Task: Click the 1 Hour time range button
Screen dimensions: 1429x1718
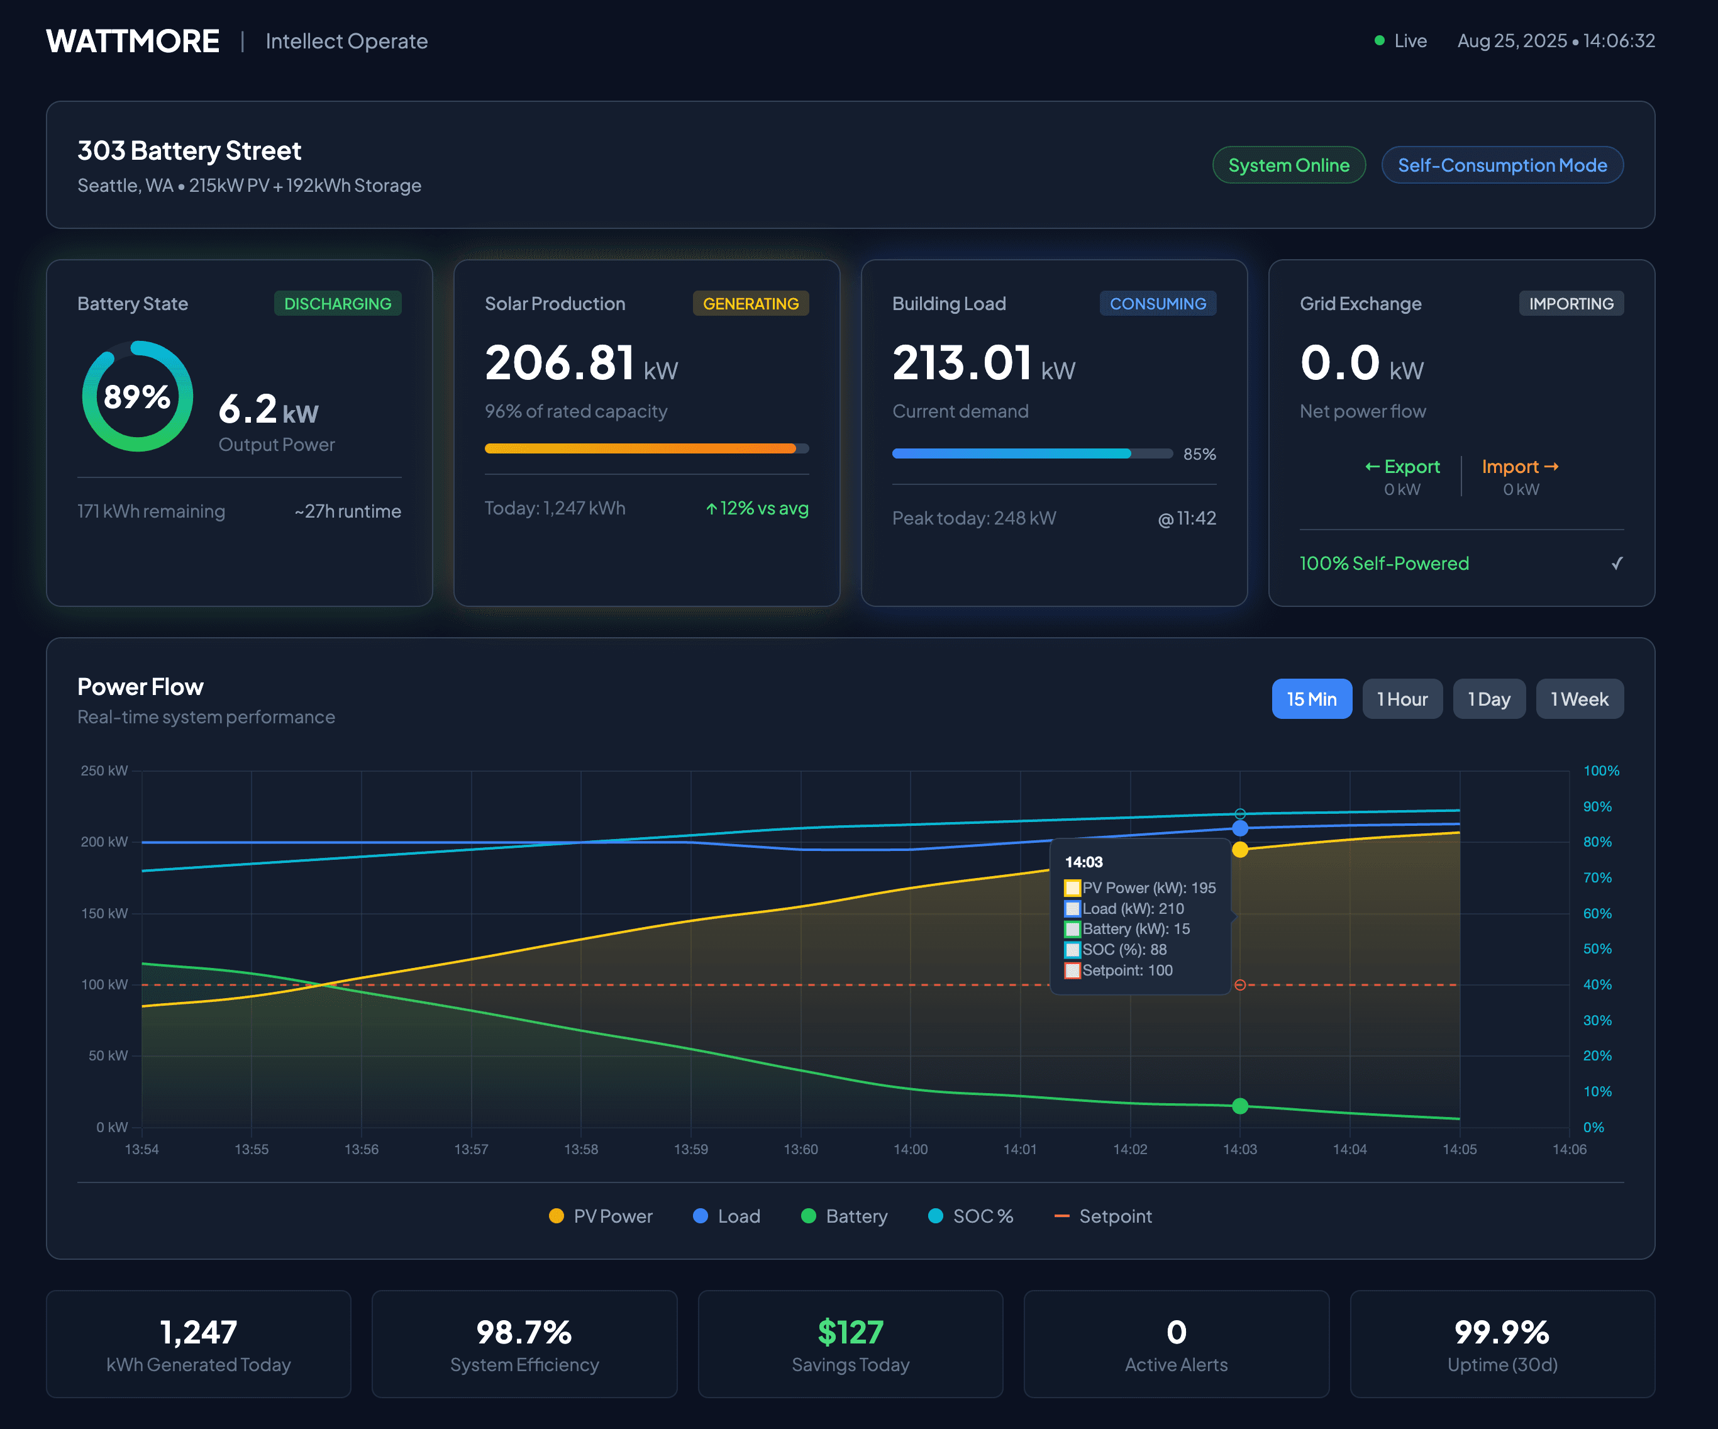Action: click(x=1402, y=699)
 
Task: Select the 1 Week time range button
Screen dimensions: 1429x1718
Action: click(x=1579, y=699)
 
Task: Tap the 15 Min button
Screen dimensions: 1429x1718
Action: click(x=1311, y=699)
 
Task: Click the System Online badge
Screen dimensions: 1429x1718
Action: click(x=1288, y=165)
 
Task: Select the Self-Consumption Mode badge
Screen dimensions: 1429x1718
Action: click(x=1502, y=165)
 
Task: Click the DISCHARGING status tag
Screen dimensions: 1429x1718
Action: click(x=337, y=304)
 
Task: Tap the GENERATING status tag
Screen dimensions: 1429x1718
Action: click(x=750, y=304)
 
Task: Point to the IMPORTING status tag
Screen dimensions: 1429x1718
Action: click(x=1571, y=304)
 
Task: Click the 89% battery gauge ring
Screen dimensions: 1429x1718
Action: click(x=138, y=396)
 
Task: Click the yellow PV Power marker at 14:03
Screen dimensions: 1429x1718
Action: click(x=1240, y=850)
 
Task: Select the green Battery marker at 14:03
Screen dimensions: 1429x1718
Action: click(x=1240, y=1106)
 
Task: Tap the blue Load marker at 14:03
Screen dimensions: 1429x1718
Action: click(x=1240, y=828)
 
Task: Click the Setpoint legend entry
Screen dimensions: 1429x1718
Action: click(x=1104, y=1216)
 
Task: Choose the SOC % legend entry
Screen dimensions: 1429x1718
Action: click(x=971, y=1216)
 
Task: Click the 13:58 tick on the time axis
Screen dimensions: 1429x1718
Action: click(x=581, y=1149)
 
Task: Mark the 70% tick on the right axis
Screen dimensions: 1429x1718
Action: click(x=1597, y=877)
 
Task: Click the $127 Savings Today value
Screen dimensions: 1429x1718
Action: click(x=850, y=1332)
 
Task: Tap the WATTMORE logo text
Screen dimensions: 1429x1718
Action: click(x=133, y=41)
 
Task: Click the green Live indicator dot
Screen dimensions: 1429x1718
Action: click(x=1379, y=40)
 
